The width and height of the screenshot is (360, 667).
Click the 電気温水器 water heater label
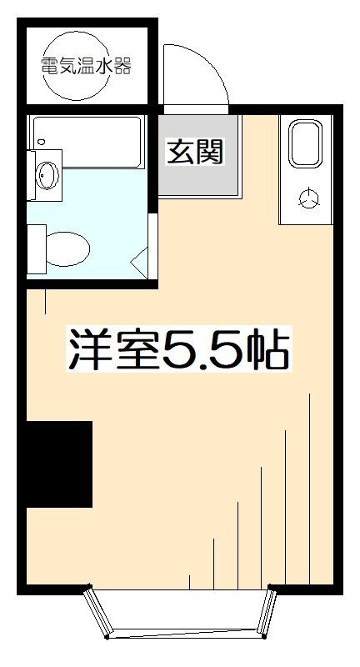(87, 68)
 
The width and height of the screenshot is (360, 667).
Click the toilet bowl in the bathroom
(67, 248)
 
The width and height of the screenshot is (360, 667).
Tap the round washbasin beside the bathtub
(47, 177)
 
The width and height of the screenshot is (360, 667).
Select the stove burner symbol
(309, 198)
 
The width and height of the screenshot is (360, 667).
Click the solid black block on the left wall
(57, 464)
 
